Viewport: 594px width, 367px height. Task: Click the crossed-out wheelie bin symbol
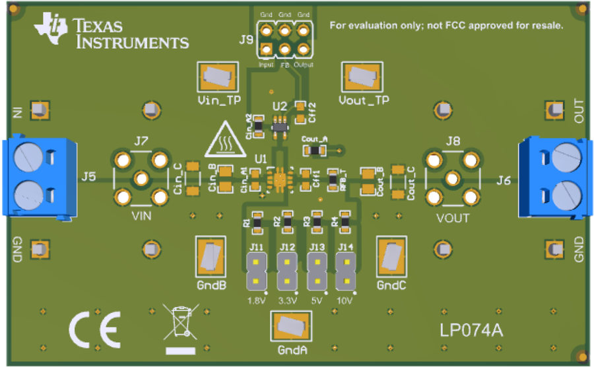181,324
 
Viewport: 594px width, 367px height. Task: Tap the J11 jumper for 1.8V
256,273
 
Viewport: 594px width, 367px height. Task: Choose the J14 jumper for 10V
345,273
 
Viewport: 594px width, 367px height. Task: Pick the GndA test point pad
291,326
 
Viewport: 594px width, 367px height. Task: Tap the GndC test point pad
391,257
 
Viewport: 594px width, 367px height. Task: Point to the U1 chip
277,179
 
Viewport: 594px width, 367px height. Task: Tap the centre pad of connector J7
141,179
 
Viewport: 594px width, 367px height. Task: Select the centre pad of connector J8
452,179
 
